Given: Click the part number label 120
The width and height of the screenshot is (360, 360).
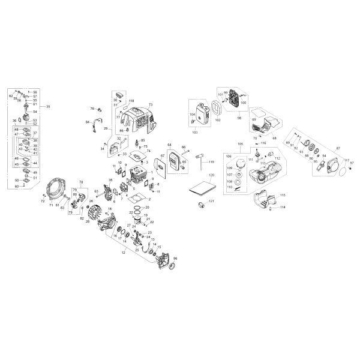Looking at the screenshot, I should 211,175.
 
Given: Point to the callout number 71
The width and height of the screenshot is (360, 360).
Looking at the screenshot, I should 52,205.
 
